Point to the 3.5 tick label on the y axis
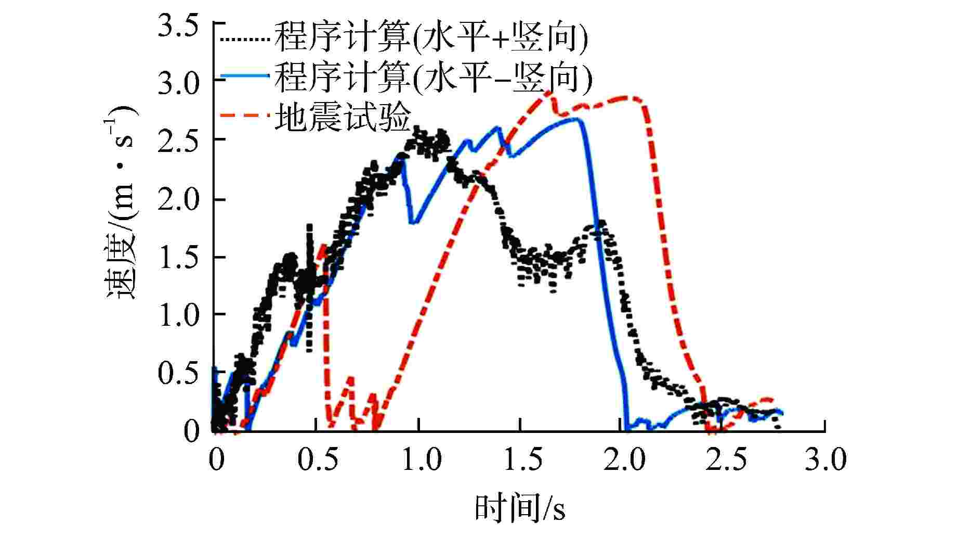click(x=178, y=26)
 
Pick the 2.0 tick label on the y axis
click(x=178, y=199)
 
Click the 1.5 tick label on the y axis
click(x=178, y=257)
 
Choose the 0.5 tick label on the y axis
click(x=178, y=373)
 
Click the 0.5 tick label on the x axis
click(x=317, y=460)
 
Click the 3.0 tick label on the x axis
click(x=826, y=460)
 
